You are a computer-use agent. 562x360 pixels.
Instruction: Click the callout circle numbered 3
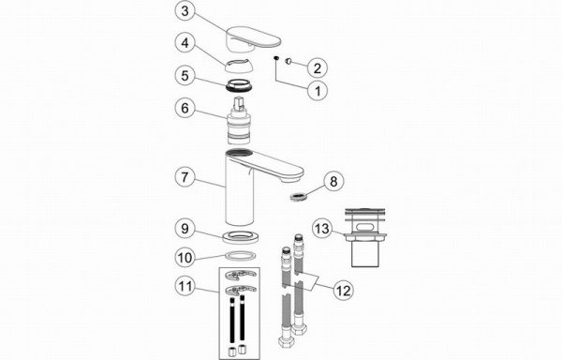tap(185, 11)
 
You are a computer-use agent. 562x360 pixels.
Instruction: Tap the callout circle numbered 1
tap(318, 91)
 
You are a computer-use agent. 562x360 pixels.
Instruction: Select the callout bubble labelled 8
tap(333, 181)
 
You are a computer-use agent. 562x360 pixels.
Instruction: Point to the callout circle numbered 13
tap(322, 229)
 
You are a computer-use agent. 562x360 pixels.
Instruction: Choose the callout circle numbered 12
tap(344, 290)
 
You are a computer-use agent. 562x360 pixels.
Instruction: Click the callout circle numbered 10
tap(185, 258)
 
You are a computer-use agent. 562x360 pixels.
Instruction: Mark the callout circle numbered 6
tap(185, 108)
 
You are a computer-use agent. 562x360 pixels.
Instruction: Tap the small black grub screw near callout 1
tap(276, 58)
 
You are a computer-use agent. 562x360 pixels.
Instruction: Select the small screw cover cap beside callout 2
tap(288, 62)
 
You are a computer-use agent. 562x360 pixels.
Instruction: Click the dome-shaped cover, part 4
tap(239, 66)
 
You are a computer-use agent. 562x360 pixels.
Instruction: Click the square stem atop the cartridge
tap(239, 103)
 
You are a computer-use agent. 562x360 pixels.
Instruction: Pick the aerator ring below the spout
tap(299, 197)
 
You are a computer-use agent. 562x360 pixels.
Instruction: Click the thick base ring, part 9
tap(240, 236)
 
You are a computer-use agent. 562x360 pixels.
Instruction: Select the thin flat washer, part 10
tap(240, 256)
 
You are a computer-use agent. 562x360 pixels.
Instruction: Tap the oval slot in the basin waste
tap(365, 227)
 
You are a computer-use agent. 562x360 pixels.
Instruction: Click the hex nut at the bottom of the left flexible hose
tap(286, 340)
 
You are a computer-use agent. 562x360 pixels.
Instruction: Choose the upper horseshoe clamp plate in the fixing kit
tap(241, 275)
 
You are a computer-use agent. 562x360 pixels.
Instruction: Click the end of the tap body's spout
tap(292, 176)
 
